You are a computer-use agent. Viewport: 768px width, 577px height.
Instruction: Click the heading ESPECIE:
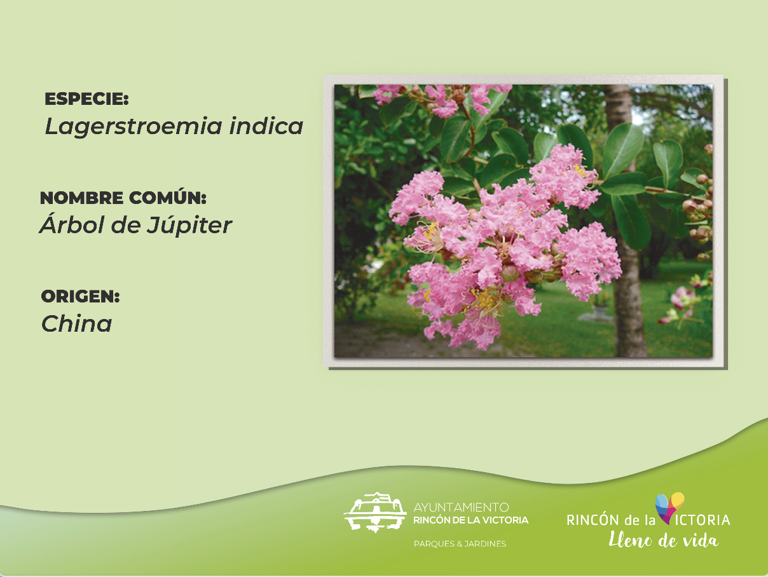click(x=86, y=99)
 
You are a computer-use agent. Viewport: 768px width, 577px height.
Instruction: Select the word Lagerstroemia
click(x=134, y=126)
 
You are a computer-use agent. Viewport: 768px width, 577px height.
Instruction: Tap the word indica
click(x=266, y=126)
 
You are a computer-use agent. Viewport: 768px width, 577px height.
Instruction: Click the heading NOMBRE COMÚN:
click(x=123, y=198)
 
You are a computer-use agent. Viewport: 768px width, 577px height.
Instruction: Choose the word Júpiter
click(x=189, y=226)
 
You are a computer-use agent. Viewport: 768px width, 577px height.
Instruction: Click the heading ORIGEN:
click(x=81, y=297)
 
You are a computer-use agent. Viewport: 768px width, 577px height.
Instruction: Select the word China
click(x=77, y=324)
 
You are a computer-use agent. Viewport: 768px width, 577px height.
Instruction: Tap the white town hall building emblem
click(x=375, y=512)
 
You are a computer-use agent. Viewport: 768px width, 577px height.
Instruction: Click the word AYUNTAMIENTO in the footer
click(x=461, y=507)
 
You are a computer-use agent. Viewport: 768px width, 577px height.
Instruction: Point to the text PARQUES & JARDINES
click(x=460, y=544)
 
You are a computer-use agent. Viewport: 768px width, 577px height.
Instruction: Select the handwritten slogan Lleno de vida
click(x=663, y=540)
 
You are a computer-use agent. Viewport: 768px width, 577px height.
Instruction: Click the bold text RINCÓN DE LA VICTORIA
click(x=471, y=520)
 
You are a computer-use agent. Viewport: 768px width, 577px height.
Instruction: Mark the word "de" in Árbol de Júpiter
click(x=126, y=224)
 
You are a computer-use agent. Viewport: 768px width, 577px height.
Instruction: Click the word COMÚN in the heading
click(x=168, y=198)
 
